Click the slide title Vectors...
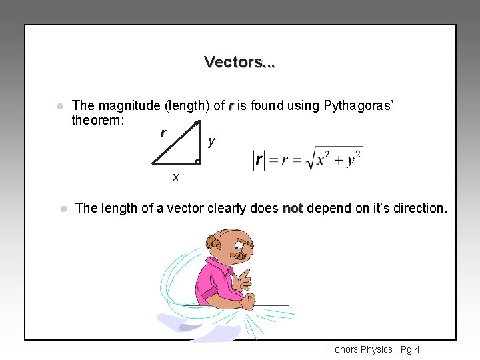click(x=239, y=62)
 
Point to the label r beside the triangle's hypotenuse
click(x=163, y=133)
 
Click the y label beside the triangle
click(x=211, y=141)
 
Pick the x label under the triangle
click(x=175, y=177)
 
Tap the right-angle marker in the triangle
click(x=197, y=161)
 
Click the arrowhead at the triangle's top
click(x=197, y=123)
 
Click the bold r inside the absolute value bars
click(x=259, y=161)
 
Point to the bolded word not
click(x=293, y=208)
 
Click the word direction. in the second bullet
click(x=421, y=208)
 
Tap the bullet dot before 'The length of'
click(x=63, y=209)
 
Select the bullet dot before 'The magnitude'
click(x=59, y=106)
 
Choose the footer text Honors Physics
click(x=359, y=349)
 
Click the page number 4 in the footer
click(x=417, y=349)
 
